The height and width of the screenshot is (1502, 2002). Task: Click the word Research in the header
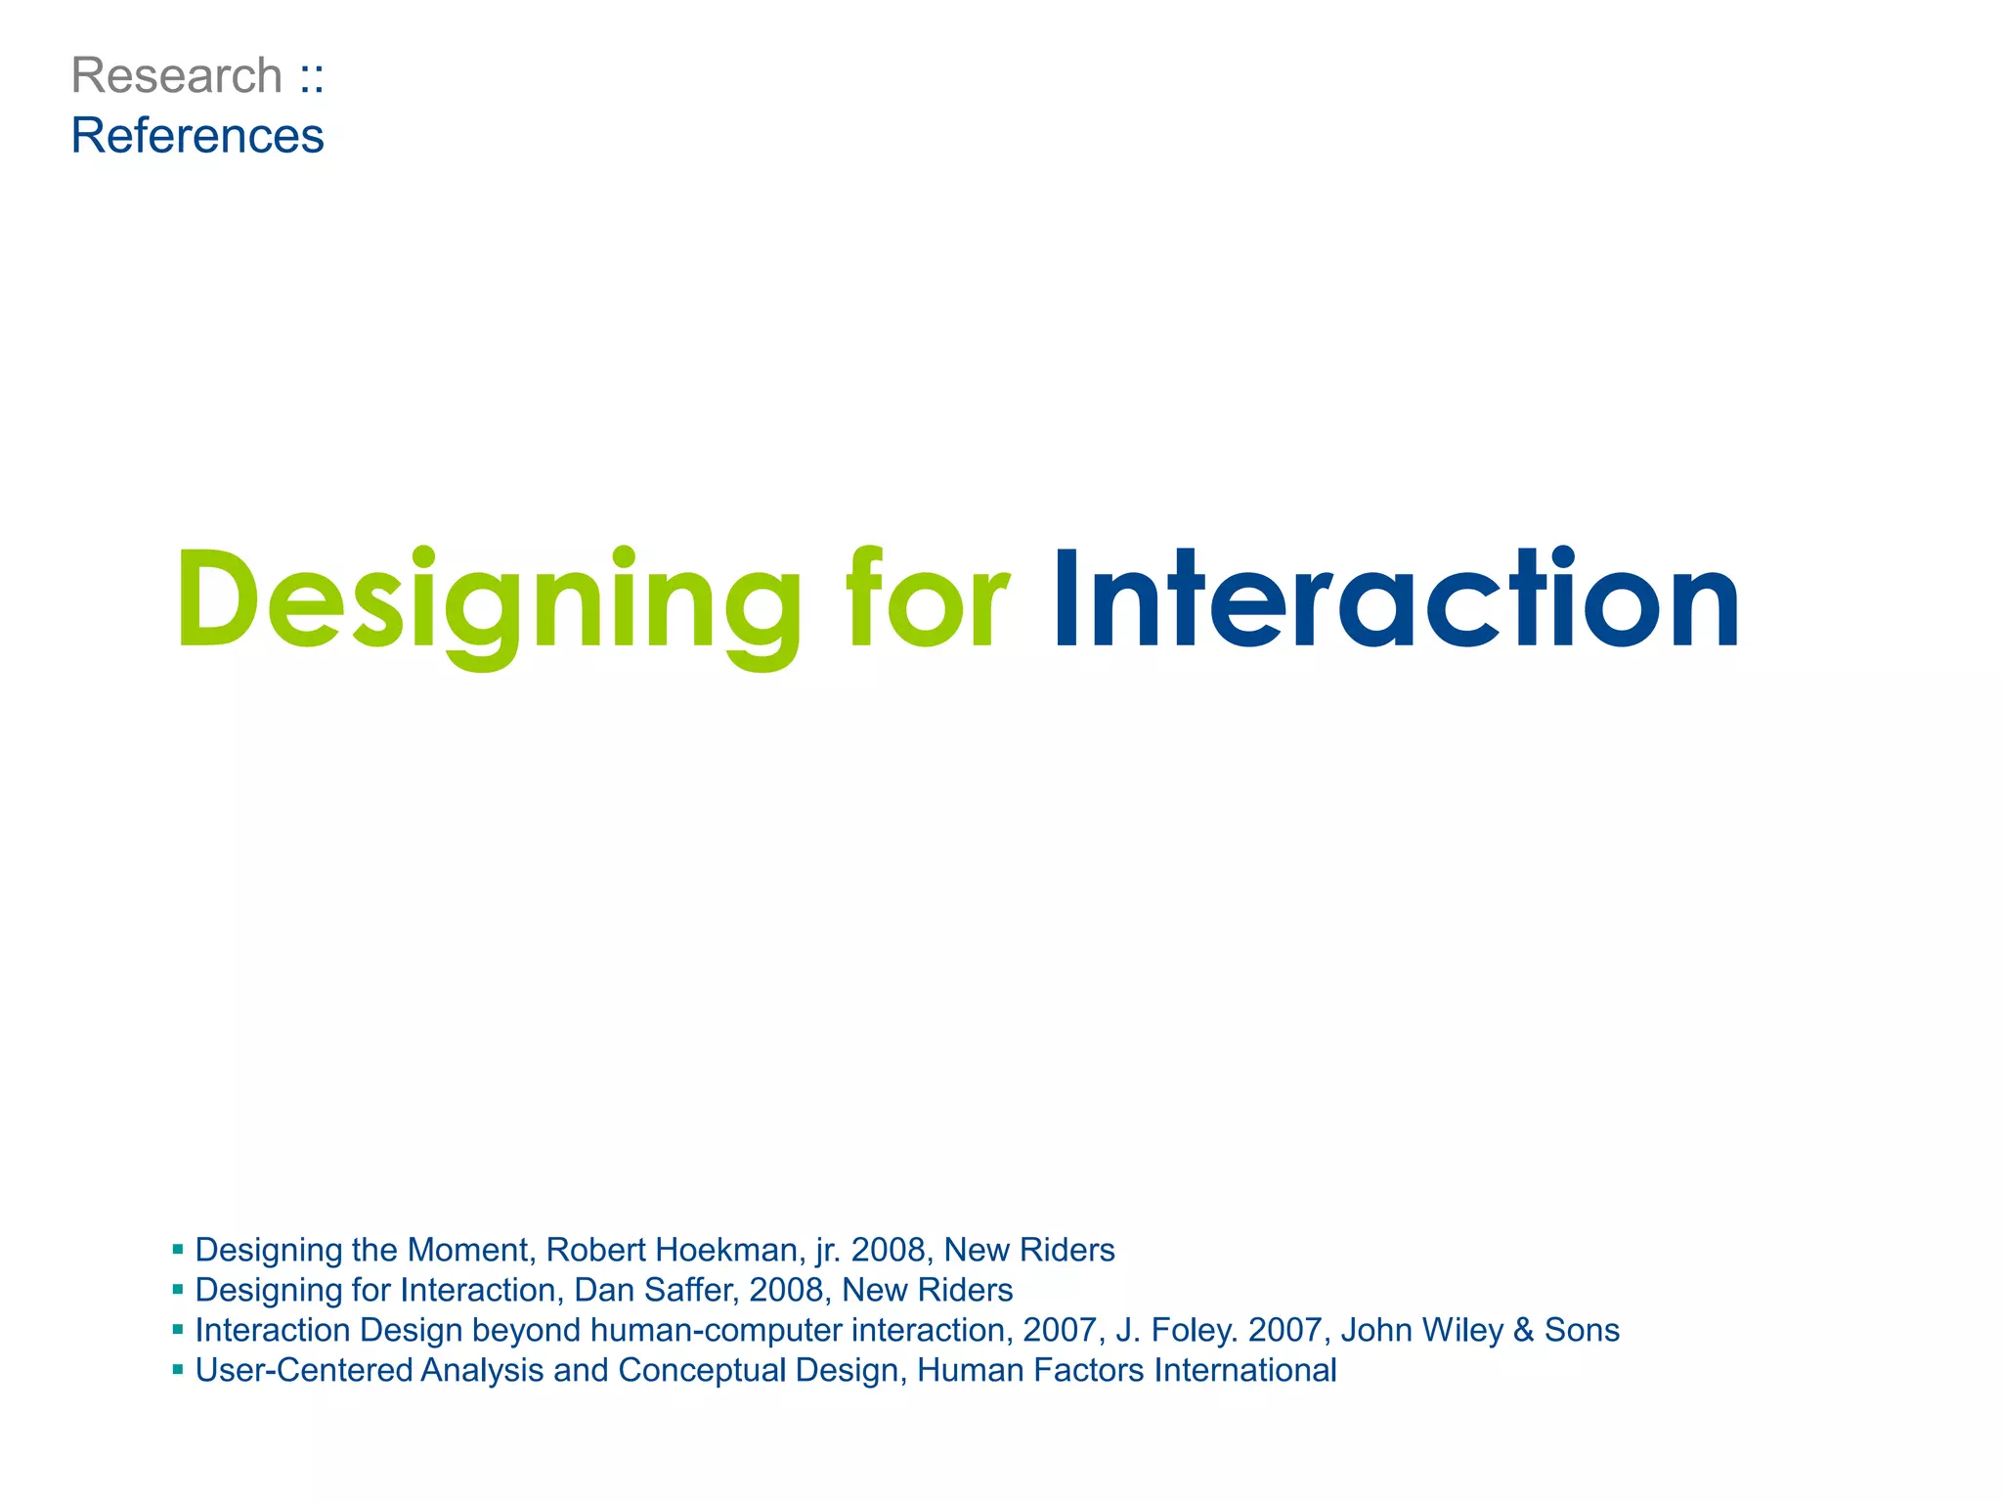point(177,76)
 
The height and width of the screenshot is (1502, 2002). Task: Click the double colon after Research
point(312,77)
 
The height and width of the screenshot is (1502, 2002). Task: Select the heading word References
point(197,136)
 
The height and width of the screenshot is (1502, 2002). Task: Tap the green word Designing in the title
point(487,600)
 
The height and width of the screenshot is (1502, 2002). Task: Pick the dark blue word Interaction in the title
point(1396,598)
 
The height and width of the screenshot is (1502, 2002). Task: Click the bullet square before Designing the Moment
point(178,1249)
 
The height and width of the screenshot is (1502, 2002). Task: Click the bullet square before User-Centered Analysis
point(178,1369)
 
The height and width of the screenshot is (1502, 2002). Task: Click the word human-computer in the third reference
point(717,1330)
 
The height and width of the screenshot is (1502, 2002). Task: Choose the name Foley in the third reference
point(1188,1330)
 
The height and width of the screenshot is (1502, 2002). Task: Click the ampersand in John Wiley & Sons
point(1523,1330)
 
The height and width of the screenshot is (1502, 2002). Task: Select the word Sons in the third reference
point(1582,1330)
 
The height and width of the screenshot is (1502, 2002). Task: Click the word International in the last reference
point(1244,1370)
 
